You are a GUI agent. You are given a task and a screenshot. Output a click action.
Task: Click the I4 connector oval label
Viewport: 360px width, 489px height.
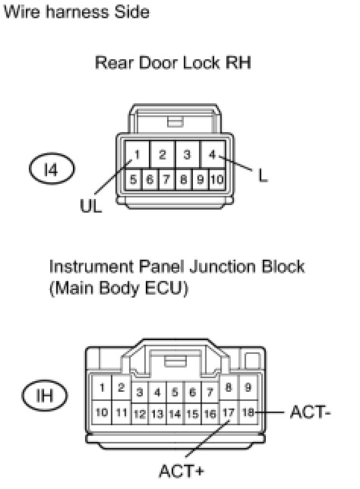(52, 169)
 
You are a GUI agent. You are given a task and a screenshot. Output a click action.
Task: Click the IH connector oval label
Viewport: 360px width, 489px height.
(45, 395)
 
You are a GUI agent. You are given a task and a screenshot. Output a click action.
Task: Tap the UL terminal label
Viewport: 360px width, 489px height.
(91, 206)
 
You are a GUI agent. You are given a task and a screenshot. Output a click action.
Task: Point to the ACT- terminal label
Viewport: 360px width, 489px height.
(310, 412)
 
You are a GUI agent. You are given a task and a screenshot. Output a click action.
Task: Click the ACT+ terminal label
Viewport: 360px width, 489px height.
(182, 471)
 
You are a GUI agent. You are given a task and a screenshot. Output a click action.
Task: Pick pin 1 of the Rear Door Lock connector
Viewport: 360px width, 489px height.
(137, 154)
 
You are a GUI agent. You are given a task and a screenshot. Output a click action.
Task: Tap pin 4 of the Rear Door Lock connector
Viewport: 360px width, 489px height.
(213, 154)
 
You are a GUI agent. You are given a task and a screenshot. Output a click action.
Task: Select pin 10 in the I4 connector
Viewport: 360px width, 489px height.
(216, 180)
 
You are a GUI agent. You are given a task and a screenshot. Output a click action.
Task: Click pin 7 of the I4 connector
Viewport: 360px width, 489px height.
(166, 180)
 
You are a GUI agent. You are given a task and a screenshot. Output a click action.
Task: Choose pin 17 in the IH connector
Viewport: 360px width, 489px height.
(228, 412)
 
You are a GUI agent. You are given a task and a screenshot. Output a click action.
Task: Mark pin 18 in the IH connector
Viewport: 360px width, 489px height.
(248, 412)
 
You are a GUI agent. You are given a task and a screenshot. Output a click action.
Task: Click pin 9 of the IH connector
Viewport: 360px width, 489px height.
(248, 387)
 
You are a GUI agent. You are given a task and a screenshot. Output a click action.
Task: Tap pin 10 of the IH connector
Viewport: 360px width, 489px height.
(102, 412)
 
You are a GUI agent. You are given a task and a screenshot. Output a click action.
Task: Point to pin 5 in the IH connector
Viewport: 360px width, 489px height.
(175, 392)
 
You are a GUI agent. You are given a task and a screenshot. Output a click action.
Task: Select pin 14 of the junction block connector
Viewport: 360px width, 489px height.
(175, 414)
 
